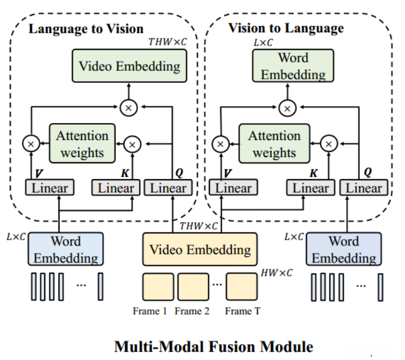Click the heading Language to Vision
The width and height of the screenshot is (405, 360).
point(86,28)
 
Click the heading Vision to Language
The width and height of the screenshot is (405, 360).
point(285,28)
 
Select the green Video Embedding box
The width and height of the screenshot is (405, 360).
point(129,66)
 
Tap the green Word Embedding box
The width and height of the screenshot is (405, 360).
point(293,66)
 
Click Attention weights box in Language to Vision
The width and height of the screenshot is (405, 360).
point(82,144)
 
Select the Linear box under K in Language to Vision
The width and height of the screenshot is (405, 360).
point(116,188)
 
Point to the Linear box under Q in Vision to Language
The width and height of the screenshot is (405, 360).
point(363,188)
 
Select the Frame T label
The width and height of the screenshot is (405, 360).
point(242,311)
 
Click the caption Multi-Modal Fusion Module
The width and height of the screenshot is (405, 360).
point(213,345)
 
